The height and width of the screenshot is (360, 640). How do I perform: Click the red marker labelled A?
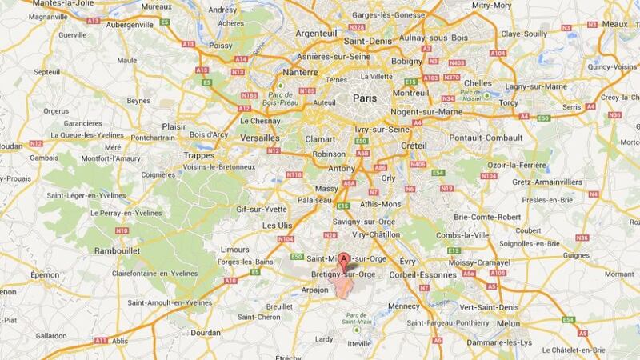tap(345, 260)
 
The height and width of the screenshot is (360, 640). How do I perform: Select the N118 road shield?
tap(295, 174)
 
